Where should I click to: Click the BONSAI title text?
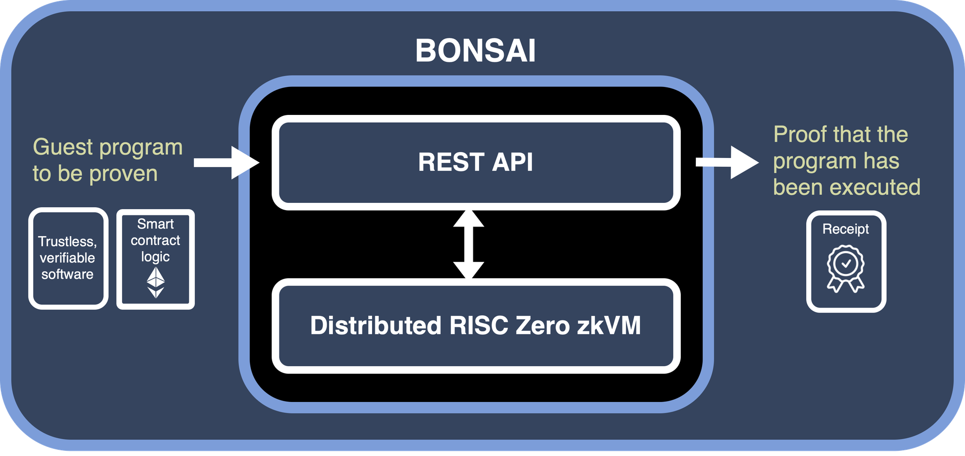coord(475,51)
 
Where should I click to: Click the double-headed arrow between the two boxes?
coord(469,244)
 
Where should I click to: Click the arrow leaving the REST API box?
coord(727,162)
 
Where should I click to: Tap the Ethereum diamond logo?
coord(155,283)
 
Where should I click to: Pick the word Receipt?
coord(845,229)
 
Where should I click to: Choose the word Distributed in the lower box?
coord(375,325)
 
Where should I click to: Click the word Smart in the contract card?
coord(155,224)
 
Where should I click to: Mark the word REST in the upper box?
coord(451,162)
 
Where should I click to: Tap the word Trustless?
coord(67,242)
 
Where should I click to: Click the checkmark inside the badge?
coord(846,264)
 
